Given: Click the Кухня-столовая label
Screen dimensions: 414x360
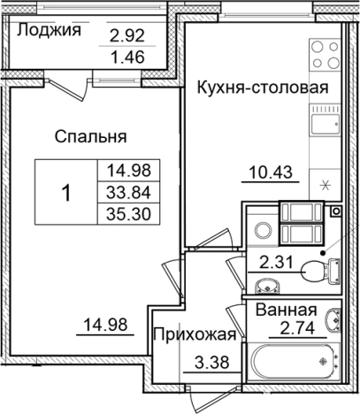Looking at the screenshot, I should tap(263, 88).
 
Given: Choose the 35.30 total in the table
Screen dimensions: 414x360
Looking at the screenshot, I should tap(124, 213).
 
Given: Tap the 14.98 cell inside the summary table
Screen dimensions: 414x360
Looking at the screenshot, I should tap(124, 172).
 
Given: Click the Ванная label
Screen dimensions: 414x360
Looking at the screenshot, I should tap(287, 310).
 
